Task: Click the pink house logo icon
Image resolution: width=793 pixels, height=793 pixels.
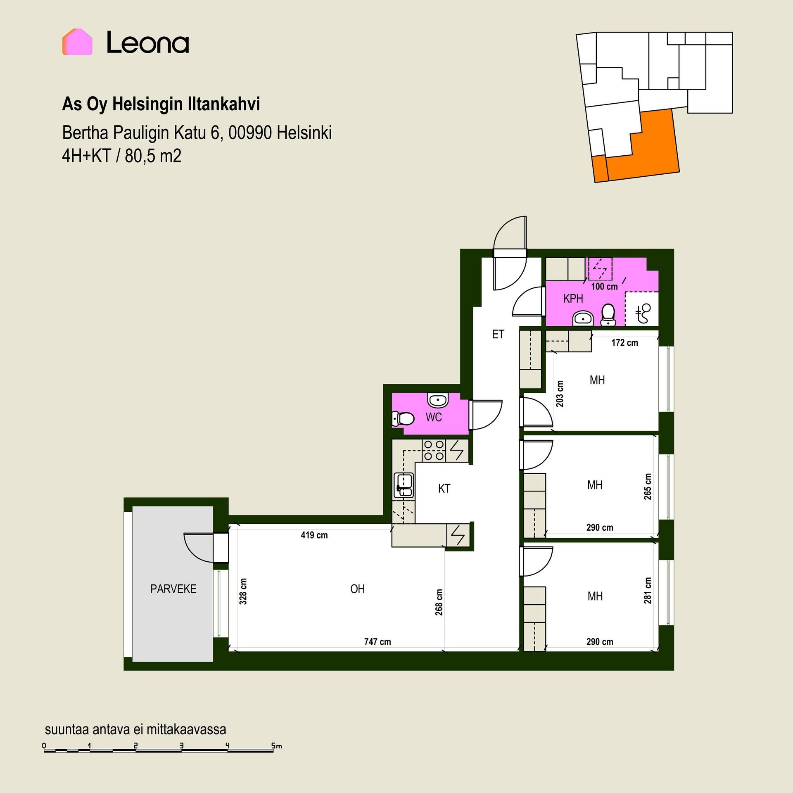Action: [x=77, y=42]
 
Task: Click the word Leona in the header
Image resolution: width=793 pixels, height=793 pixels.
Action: [x=148, y=43]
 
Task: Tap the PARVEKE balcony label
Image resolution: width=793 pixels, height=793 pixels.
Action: [x=173, y=589]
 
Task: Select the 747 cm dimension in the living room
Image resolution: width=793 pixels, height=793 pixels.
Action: [x=378, y=642]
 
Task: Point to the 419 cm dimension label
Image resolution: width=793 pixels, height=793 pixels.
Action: [x=314, y=535]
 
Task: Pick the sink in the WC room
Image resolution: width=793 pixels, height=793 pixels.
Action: [x=437, y=400]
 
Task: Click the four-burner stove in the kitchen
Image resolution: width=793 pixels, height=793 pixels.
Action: [x=434, y=451]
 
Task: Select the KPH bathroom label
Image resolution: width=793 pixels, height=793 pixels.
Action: [x=573, y=299]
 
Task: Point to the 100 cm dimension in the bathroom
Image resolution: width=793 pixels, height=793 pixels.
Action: [x=605, y=286]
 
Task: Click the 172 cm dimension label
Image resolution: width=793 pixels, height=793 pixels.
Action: [x=625, y=343]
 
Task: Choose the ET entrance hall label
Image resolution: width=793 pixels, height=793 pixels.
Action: [x=498, y=334]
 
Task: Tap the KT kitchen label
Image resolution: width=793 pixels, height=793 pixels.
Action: [x=444, y=489]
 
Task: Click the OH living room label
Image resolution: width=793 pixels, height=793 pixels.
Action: [x=357, y=589]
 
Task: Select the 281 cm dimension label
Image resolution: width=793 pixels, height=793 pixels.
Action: [x=648, y=591]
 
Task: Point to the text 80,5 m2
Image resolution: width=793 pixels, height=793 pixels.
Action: [x=153, y=156]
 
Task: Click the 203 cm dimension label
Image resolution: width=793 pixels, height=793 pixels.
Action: [x=560, y=394]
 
